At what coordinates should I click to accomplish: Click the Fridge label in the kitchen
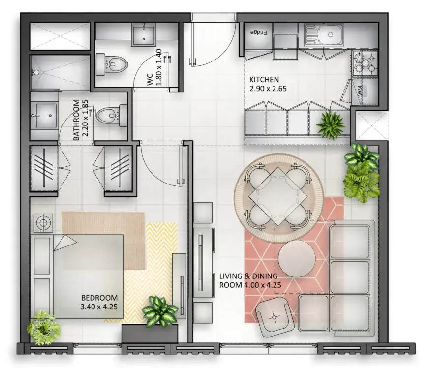coord(258,32)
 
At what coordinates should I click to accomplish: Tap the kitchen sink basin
coord(331,35)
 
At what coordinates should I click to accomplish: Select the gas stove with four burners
coord(365,63)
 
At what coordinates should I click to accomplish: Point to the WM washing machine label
coord(360,91)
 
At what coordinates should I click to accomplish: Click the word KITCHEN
coord(264,80)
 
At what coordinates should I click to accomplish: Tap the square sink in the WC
coord(144,34)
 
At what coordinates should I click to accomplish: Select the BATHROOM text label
coord(76,120)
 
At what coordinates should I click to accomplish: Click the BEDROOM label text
coord(99,298)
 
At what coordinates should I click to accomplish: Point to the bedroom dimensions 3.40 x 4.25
coord(99,307)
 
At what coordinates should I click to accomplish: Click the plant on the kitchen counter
coord(330,125)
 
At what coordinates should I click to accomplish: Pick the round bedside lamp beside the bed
coord(43,223)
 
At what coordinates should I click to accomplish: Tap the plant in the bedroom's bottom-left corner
coord(43,327)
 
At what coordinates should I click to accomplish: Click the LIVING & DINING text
coord(248,276)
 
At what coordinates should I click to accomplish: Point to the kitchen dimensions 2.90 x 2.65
coord(268,89)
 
